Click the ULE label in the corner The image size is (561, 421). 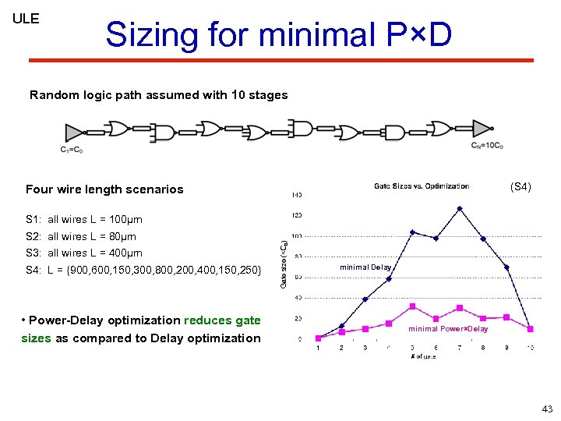click(26, 19)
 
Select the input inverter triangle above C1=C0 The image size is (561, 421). click(75, 132)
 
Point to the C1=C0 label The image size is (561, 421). click(72, 150)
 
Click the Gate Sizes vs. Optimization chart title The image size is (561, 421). click(422, 186)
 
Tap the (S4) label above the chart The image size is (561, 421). click(520, 187)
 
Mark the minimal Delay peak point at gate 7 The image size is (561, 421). click(460, 208)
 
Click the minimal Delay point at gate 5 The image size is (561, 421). click(412, 232)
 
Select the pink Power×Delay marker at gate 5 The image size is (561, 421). click(412, 306)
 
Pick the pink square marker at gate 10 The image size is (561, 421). click(531, 327)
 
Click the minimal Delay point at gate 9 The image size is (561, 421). click(506, 267)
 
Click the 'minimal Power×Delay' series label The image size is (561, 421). click(449, 329)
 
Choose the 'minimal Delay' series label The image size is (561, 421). click(365, 267)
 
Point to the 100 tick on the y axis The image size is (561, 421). click(296, 235)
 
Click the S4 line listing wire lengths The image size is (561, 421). click(144, 270)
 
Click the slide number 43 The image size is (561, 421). click(547, 409)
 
